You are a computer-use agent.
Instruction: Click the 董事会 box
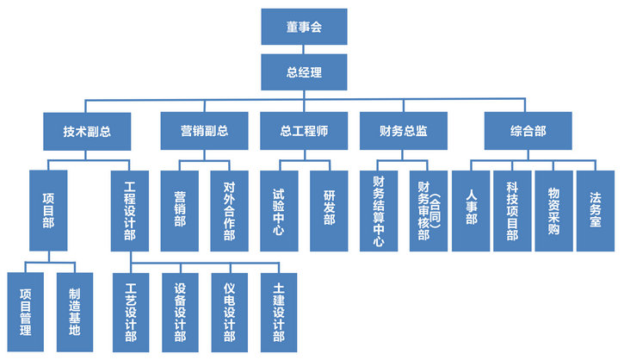[304, 27]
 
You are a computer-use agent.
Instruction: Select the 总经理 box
[304, 71]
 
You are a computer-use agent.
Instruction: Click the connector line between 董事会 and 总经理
[304, 48]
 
